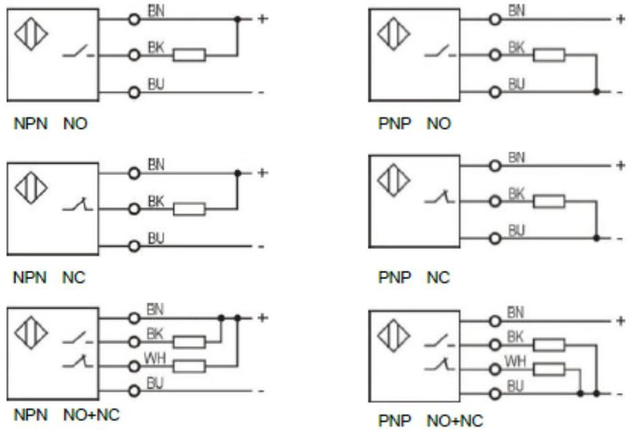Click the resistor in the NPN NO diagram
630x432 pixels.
[189, 55]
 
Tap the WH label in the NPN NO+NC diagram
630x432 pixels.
[154, 358]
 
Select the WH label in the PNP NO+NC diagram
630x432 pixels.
[515, 361]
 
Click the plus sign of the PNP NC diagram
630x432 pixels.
[621, 165]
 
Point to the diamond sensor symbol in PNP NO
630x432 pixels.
[394, 34]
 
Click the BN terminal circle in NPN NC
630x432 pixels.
[134, 173]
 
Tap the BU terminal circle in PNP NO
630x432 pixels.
[495, 92]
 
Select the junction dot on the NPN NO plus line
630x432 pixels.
[238, 19]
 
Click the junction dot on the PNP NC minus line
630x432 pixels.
[596, 238]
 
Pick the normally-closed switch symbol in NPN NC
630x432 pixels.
[77, 204]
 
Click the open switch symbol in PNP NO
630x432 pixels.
[440, 51]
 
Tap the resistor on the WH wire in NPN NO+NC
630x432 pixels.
[189, 366]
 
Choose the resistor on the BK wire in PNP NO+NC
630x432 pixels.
[549, 345]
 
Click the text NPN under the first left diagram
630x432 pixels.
[31, 124]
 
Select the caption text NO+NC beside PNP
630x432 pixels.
[454, 420]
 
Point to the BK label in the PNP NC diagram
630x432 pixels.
[517, 194]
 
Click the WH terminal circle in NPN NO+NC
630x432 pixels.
[134, 367]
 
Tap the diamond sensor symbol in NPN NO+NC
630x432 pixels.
[31, 333]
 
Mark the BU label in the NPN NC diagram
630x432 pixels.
[156, 238]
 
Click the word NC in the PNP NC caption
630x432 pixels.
[438, 278]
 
